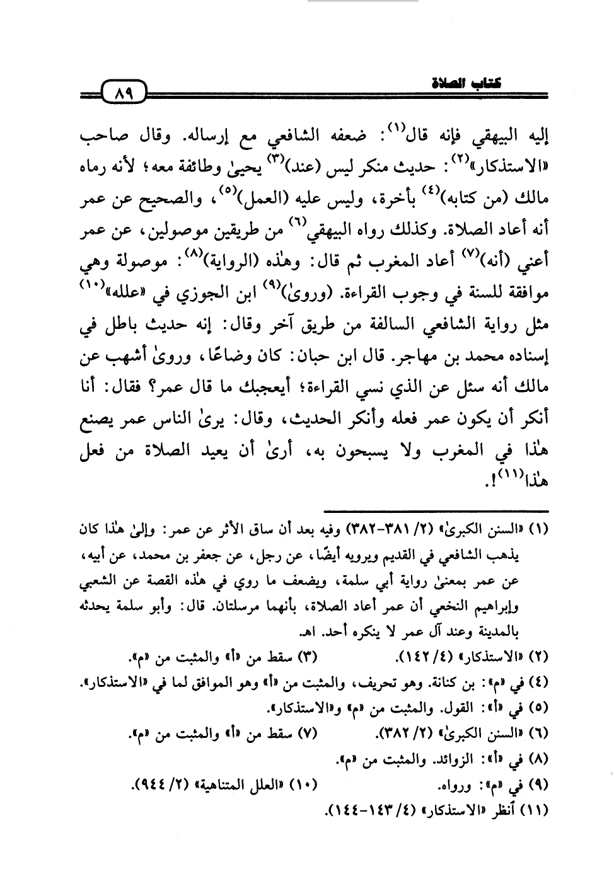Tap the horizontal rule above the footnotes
(x=435, y=511)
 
